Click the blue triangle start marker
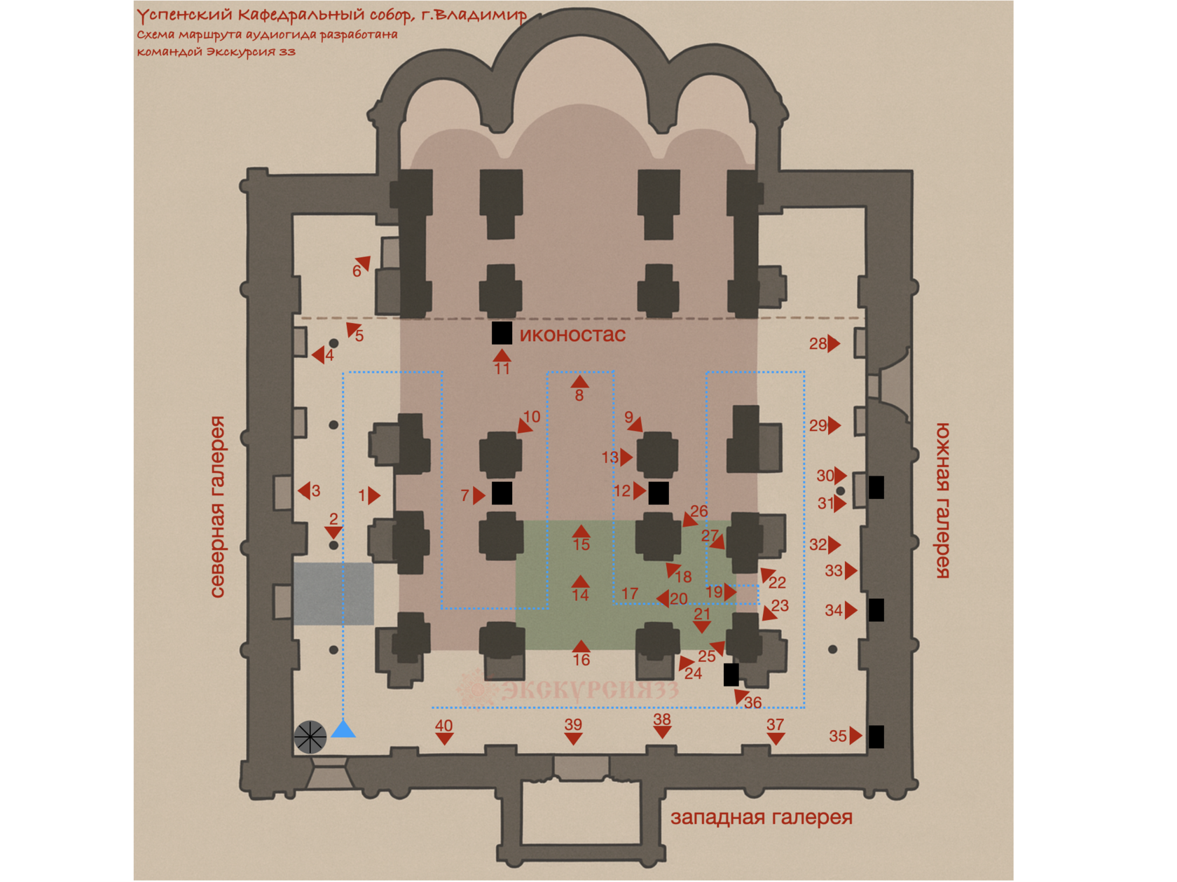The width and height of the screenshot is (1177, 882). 343,729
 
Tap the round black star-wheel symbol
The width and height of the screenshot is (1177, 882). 310,737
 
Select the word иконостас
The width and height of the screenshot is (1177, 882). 572,335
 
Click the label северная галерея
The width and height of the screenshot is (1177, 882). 218,507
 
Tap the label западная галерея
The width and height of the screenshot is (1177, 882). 762,818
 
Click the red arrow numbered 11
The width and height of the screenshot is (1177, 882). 502,355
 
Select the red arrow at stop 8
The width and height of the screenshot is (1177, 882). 579,381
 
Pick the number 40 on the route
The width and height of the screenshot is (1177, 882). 443,726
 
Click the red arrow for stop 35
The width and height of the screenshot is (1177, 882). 856,736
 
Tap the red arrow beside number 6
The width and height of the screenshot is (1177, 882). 364,263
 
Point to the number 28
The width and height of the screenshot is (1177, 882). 818,344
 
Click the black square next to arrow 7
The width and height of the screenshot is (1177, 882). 502,493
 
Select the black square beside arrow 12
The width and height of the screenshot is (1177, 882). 659,493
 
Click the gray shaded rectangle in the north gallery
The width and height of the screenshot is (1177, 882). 333,593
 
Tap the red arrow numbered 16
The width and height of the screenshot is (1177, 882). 581,646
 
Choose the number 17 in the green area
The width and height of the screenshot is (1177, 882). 630,593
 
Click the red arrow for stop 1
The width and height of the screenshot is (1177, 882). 374,496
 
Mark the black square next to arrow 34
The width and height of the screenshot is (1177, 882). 876,610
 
